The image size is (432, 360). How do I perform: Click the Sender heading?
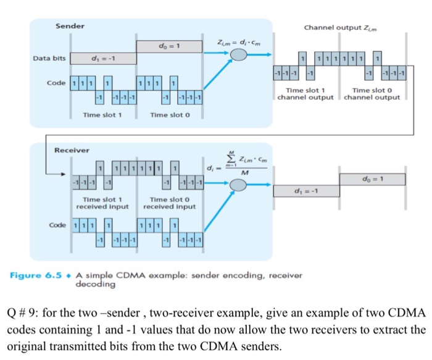[x=70, y=26]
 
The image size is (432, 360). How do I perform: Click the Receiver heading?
[x=72, y=150]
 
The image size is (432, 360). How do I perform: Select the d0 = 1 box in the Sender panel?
[x=168, y=46]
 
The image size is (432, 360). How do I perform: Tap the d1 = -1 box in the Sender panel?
[x=102, y=59]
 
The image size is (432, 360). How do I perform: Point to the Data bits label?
[x=49, y=59]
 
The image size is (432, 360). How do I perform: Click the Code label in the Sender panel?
[x=57, y=82]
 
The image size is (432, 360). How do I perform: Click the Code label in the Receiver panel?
[x=58, y=225]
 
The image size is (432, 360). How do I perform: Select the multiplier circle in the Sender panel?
[x=239, y=56]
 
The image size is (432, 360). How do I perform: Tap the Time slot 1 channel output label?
[x=305, y=94]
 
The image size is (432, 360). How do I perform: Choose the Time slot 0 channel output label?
[x=372, y=94]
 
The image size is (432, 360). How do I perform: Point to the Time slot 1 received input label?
[x=102, y=203]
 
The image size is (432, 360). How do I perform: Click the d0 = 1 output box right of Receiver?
[x=372, y=179]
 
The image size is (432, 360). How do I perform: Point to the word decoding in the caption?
[x=95, y=285]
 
